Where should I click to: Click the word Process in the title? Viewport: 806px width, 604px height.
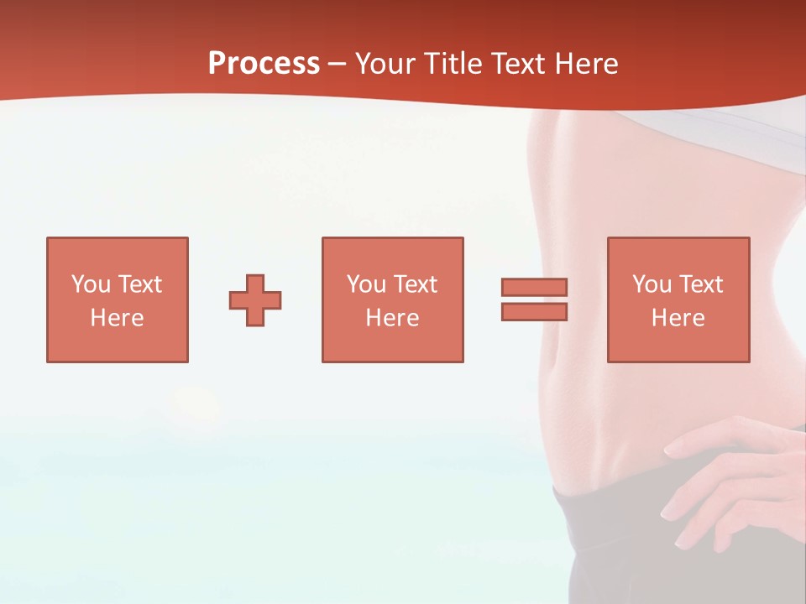click(x=264, y=64)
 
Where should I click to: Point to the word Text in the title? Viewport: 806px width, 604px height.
click(x=522, y=64)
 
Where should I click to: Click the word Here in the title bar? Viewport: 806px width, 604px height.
click(x=589, y=64)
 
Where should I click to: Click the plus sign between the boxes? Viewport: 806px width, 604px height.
click(x=255, y=300)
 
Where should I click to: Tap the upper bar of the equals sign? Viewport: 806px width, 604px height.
click(x=534, y=288)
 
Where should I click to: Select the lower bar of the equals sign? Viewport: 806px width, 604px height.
click(x=534, y=312)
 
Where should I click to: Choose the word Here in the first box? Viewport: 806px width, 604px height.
click(x=117, y=318)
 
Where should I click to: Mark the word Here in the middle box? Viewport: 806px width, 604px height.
click(x=392, y=318)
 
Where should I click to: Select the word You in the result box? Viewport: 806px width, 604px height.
click(x=652, y=284)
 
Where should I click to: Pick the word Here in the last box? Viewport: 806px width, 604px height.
click(x=678, y=318)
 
